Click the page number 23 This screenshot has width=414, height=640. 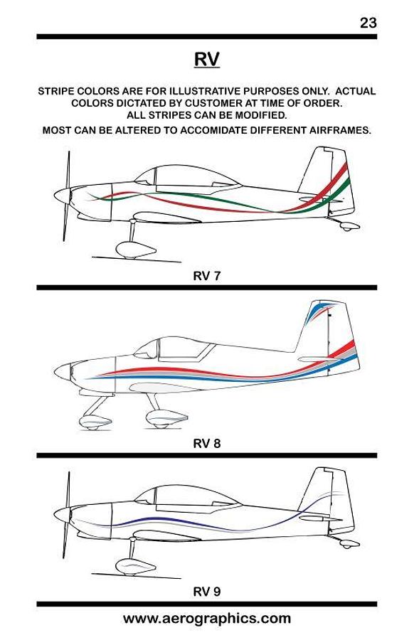point(368,23)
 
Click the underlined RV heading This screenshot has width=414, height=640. point(206,59)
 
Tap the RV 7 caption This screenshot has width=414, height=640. point(206,276)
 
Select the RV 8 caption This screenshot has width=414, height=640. point(206,443)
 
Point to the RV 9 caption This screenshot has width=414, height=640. point(206,592)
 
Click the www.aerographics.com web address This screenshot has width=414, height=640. point(206,619)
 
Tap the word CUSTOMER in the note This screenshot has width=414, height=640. point(214,103)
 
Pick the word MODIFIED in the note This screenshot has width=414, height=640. point(261,115)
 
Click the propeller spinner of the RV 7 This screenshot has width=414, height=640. point(62,195)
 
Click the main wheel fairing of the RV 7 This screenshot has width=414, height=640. point(136,250)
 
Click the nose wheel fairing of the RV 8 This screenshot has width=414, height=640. point(95,422)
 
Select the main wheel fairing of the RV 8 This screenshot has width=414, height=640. point(166,419)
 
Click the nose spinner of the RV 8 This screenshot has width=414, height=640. point(63,372)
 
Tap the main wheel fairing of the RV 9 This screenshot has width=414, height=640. point(136,567)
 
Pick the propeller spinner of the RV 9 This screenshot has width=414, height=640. point(62,514)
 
